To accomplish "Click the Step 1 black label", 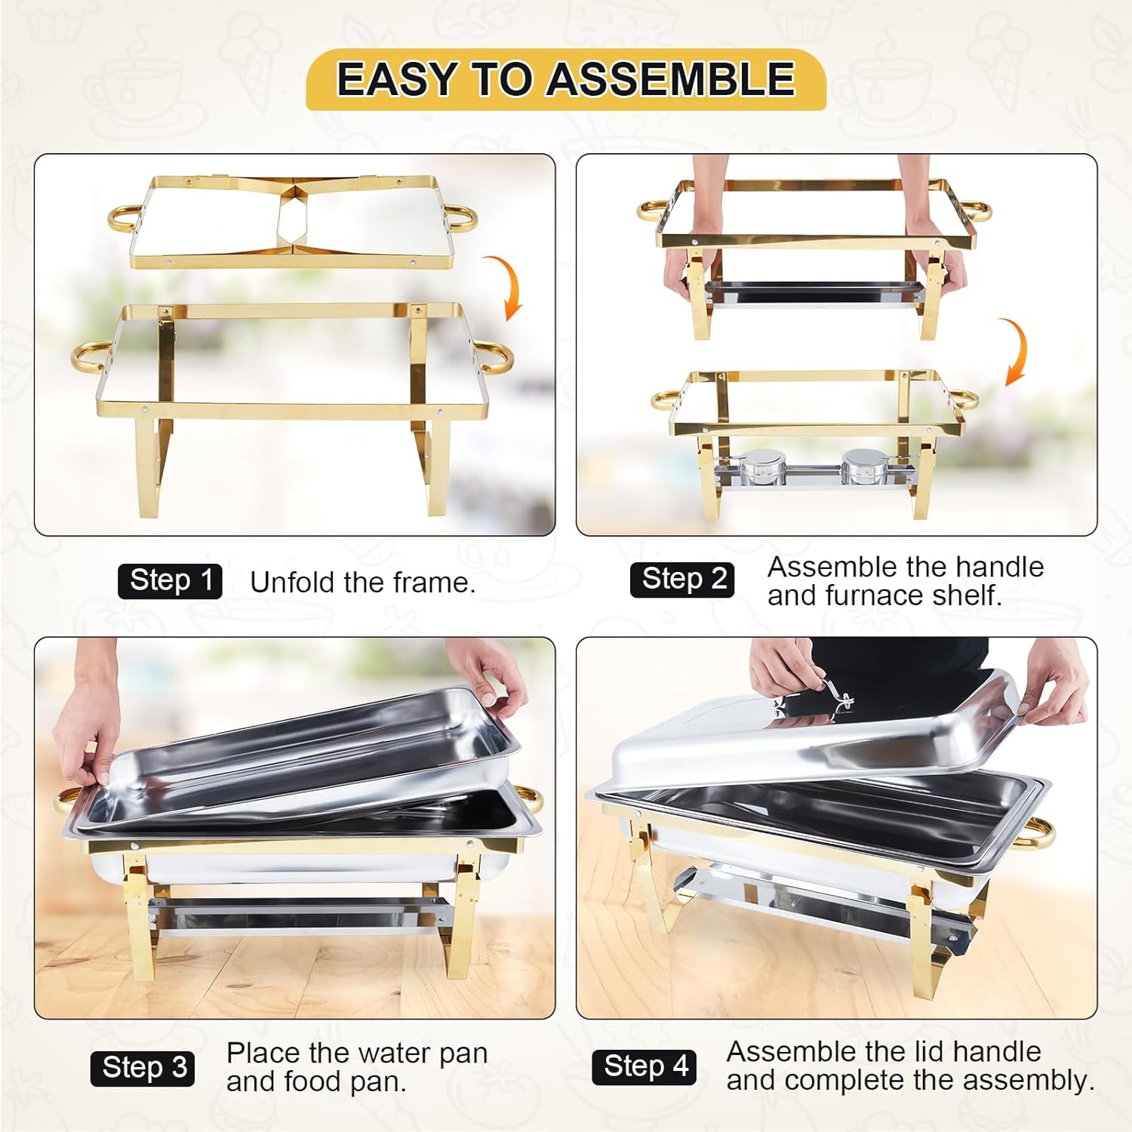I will [x=170, y=581].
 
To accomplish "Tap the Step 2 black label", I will [x=682, y=580].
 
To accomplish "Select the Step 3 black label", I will [x=143, y=1068].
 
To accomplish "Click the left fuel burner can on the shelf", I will [x=756, y=468].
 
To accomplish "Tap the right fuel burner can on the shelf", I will [x=860, y=466].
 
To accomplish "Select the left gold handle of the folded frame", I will [x=123, y=218].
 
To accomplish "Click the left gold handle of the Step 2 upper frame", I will [x=650, y=209].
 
